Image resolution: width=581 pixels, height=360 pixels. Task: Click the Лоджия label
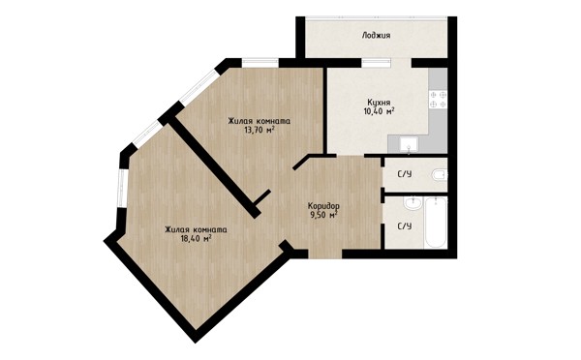[x=376, y=36]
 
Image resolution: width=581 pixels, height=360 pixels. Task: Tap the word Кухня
[x=379, y=103]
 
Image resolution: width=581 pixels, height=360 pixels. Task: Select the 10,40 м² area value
[x=379, y=110]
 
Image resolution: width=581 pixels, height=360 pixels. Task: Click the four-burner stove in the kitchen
[x=438, y=100]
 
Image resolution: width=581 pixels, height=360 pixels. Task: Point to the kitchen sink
[x=409, y=144]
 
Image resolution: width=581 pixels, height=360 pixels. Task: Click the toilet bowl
[x=440, y=175]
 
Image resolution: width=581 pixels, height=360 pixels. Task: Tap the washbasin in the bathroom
[x=413, y=203]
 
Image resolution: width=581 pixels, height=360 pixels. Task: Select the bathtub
[x=436, y=223]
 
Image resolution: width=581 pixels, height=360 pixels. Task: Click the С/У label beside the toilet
[x=405, y=174]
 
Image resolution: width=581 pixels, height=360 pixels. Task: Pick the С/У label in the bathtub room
[x=404, y=225]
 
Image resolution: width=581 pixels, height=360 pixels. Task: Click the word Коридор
[x=323, y=206]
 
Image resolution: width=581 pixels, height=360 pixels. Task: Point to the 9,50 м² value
[x=323, y=215]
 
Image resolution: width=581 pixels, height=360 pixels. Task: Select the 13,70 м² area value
[x=259, y=130]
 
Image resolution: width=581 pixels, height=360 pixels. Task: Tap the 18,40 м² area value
[x=196, y=238]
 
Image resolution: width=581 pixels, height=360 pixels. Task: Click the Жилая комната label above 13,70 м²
[x=259, y=121]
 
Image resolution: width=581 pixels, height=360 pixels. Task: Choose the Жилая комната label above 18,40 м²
[x=196, y=229]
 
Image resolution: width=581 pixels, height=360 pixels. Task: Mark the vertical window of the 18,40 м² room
[x=122, y=188]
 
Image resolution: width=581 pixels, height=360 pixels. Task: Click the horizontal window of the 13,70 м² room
[x=260, y=63]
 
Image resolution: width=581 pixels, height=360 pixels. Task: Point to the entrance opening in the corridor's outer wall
[x=325, y=254]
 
